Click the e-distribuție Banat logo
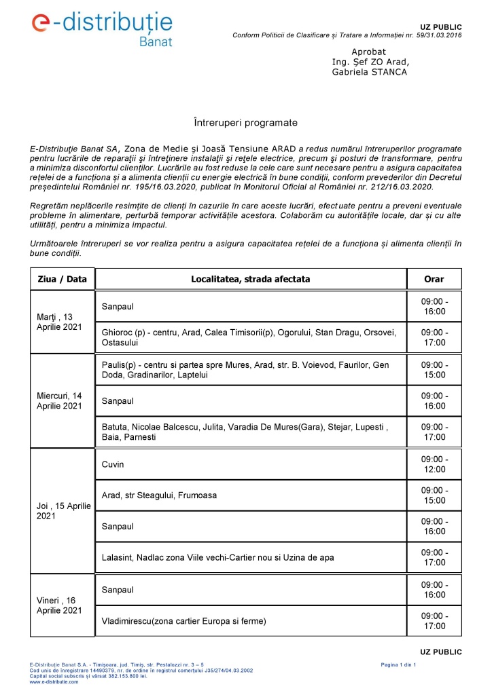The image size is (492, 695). (x=102, y=28)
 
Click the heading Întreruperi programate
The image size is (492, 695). (x=246, y=123)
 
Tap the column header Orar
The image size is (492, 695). (x=434, y=279)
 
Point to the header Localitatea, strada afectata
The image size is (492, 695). (x=251, y=279)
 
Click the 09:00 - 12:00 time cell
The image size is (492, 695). (x=434, y=464)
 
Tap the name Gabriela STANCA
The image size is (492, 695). (x=370, y=71)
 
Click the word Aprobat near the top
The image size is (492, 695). (x=369, y=52)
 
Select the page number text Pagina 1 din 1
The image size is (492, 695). (x=401, y=664)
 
